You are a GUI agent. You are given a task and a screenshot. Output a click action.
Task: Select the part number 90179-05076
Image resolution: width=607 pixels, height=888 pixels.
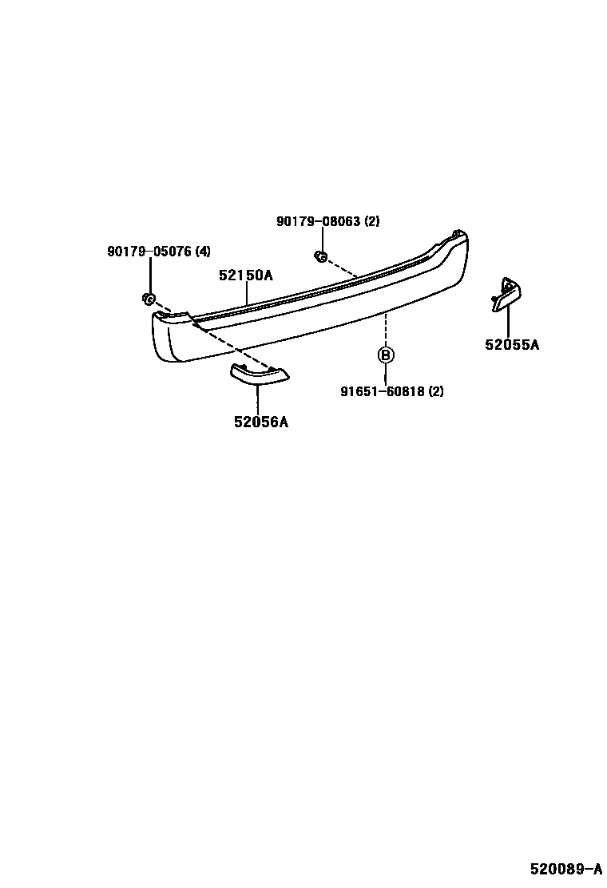click(x=149, y=252)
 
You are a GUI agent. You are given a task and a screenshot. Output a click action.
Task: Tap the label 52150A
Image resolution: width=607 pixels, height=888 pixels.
click(x=246, y=276)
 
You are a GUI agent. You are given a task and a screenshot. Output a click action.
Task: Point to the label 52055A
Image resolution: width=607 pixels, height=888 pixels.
click(x=512, y=345)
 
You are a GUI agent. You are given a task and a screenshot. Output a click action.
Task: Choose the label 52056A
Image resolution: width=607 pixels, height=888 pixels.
click(x=261, y=422)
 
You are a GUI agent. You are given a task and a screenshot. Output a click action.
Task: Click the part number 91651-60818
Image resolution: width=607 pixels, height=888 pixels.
click(x=383, y=391)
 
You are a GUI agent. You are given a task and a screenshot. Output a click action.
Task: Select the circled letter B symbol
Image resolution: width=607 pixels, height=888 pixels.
click(x=385, y=355)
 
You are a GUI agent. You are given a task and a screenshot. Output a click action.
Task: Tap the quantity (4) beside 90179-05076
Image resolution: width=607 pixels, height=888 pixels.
click(x=202, y=252)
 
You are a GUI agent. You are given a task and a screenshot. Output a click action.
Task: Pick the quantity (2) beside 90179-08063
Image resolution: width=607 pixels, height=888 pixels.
click(x=372, y=221)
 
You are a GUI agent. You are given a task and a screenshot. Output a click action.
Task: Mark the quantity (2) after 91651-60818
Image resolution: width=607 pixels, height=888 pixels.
click(x=436, y=391)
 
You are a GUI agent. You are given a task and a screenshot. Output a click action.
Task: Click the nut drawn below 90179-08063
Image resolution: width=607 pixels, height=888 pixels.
click(x=319, y=256)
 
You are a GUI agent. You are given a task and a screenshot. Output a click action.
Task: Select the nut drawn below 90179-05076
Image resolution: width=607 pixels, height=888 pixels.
click(x=148, y=299)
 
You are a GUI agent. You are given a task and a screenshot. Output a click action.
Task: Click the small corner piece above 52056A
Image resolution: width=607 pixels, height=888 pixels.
click(x=260, y=373)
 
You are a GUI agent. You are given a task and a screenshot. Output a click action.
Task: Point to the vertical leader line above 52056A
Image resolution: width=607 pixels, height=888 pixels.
click(x=257, y=398)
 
